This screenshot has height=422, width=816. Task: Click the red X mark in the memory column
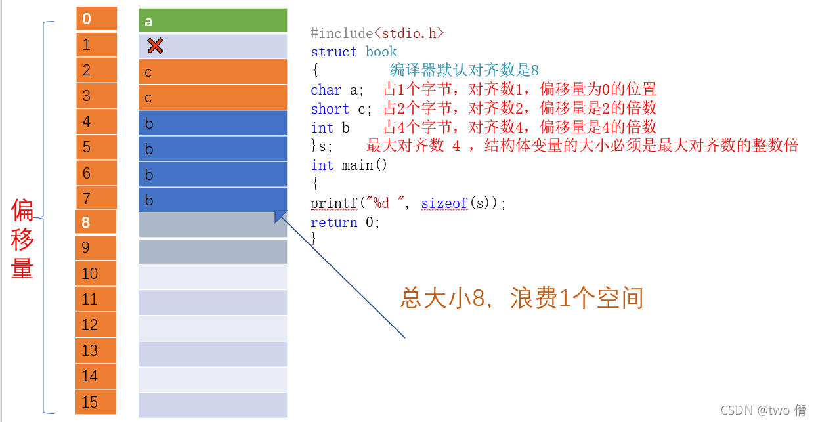point(155,45)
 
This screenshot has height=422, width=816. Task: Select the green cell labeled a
point(213,20)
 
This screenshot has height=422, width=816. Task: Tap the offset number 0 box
point(96,18)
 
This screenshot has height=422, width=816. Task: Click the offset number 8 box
point(96,222)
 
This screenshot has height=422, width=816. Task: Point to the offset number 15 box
point(96,402)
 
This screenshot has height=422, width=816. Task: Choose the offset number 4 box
point(96,121)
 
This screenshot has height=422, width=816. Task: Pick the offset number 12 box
point(96,325)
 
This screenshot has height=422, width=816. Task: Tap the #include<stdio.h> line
point(377,33)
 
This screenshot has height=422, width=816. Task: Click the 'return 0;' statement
point(345,222)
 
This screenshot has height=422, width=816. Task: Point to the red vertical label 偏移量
point(22,240)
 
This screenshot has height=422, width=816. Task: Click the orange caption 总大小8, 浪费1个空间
point(522,299)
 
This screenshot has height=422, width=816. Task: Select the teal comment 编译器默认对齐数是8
point(463,70)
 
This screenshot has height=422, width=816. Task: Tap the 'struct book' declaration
point(354,52)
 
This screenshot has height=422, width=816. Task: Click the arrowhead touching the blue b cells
point(280,216)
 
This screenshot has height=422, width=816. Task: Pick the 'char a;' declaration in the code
point(337,90)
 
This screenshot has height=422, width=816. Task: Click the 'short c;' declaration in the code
point(341,109)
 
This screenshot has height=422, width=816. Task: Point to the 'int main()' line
point(349,165)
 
